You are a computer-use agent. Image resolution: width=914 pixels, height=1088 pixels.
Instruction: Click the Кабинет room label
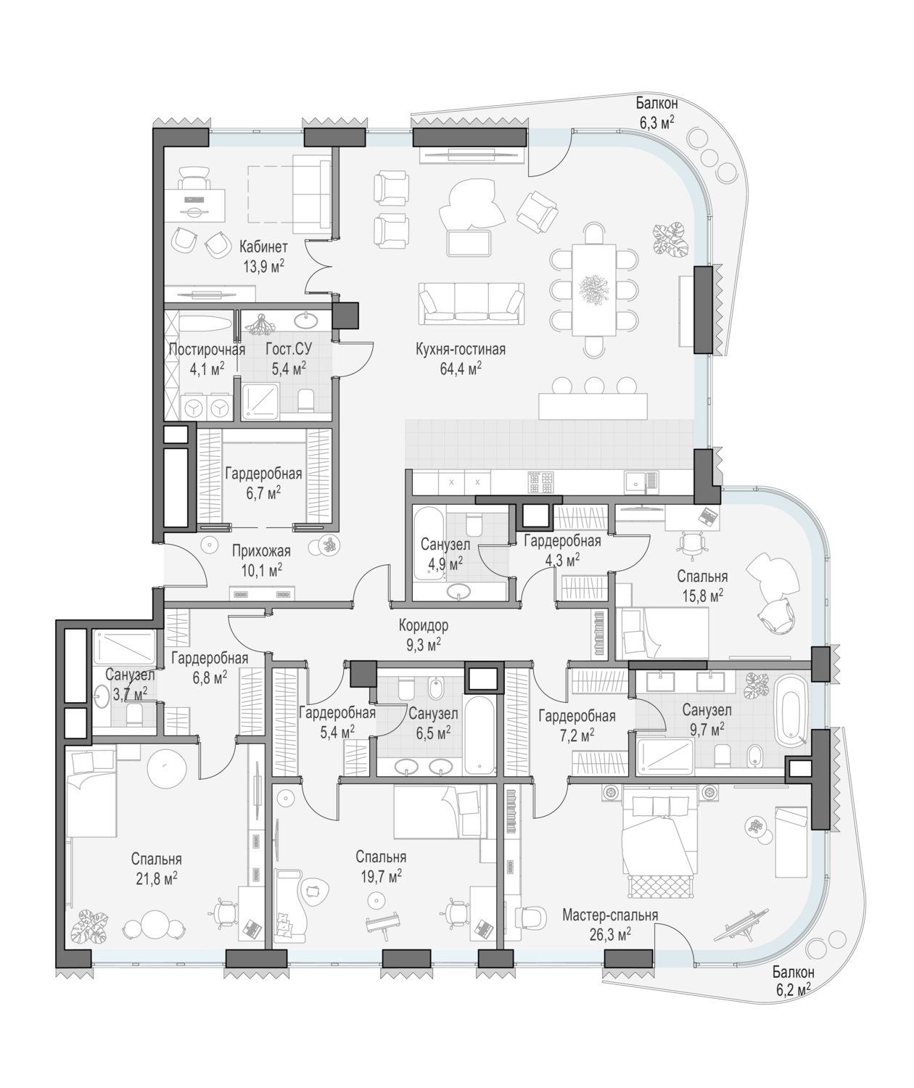click(x=263, y=246)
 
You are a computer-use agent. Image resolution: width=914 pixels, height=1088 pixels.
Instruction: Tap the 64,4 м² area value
click(x=461, y=369)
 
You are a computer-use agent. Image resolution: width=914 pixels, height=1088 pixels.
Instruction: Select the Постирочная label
click(x=207, y=349)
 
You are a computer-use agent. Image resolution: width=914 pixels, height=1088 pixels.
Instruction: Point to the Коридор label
click(x=424, y=625)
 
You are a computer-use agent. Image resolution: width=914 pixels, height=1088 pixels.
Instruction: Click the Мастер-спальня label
click(x=610, y=915)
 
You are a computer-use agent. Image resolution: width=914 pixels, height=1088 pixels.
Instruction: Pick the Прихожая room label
click(x=262, y=551)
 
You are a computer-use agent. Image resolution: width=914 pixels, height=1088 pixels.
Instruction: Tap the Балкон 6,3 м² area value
click(x=657, y=123)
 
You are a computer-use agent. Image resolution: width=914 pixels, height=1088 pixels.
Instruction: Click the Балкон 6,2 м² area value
click(x=794, y=989)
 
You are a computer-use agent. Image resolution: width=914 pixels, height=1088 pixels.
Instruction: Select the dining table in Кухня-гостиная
click(x=594, y=290)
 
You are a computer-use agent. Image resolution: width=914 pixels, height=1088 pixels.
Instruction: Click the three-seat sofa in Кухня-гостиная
click(x=472, y=302)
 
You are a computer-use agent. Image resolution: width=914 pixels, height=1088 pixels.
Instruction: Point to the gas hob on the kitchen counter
click(x=541, y=482)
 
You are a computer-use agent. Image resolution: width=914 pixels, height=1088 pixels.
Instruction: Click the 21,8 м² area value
click(x=157, y=879)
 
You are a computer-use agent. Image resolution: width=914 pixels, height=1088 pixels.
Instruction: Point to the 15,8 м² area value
click(x=702, y=595)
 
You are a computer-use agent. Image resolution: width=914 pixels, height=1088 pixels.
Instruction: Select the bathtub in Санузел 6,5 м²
click(x=479, y=735)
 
